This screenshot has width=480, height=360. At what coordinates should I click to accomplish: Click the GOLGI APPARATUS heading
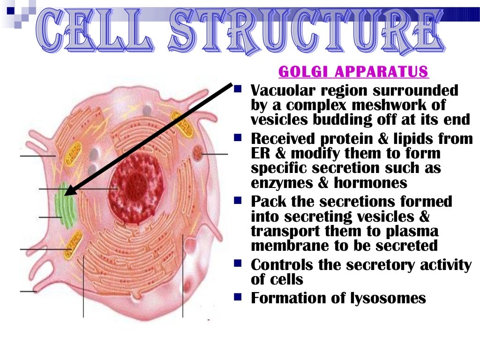pos(353,72)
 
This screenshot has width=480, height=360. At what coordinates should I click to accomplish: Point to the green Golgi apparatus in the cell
pos(65,207)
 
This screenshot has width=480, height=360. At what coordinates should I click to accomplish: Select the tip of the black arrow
pos(66,194)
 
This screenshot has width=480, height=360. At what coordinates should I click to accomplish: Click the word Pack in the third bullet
pos(264,202)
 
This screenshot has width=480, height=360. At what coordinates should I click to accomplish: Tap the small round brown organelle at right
pos(198,151)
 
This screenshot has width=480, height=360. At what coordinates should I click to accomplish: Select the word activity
pos(443,265)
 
